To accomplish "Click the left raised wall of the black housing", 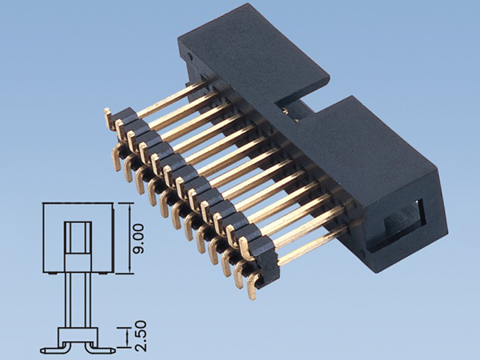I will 248,56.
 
